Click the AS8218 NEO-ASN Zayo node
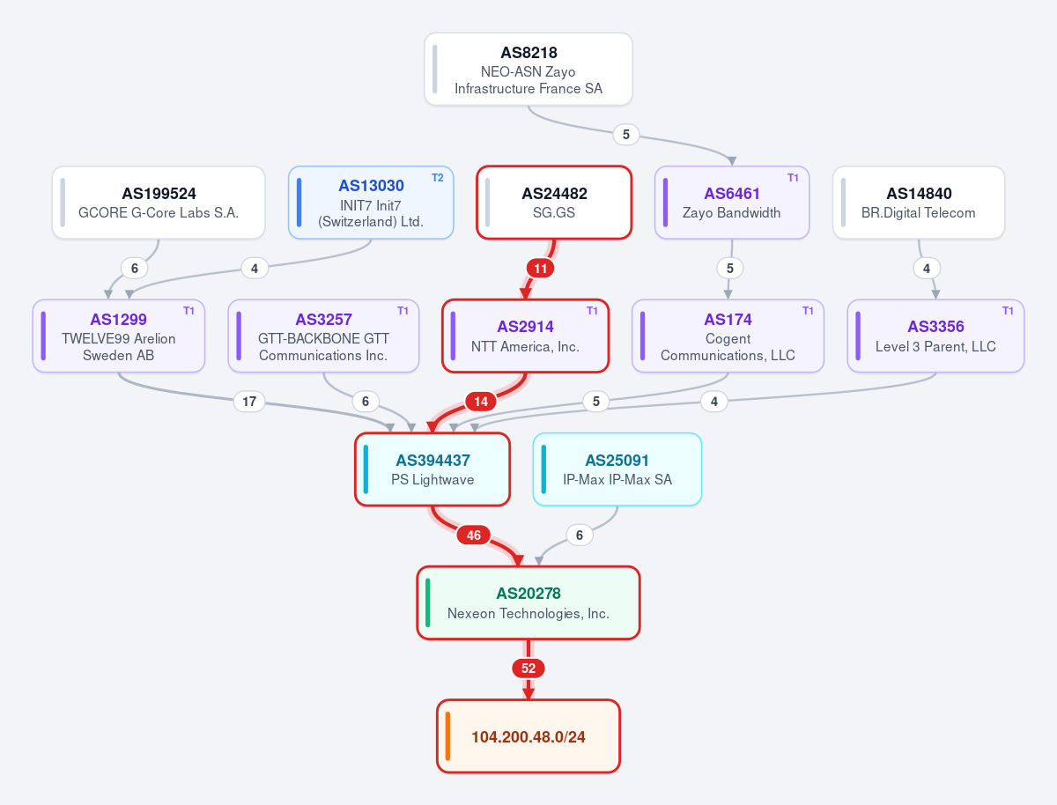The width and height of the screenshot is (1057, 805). point(528,69)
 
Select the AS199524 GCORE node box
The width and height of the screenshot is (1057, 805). point(159,203)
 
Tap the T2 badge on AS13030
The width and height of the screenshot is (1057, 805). point(437,178)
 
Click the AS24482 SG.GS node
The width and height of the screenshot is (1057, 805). point(554,203)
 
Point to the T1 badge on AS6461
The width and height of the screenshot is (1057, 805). point(793,178)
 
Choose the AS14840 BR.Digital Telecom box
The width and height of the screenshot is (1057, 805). point(919,203)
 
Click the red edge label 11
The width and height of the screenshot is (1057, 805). point(540,268)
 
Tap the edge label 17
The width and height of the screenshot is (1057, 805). point(249,401)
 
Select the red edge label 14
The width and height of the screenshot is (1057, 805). point(481,401)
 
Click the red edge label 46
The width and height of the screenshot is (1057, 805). point(473,535)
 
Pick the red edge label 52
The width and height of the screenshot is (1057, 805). point(528,668)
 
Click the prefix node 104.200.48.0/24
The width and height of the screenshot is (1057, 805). point(528,736)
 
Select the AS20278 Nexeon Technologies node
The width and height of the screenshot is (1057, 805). point(528,602)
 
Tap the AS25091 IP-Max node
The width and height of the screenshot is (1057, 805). point(617,469)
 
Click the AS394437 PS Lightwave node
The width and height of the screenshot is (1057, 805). point(432,469)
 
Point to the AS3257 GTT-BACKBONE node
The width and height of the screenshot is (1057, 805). point(323,336)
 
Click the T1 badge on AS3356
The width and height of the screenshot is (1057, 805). point(1008,311)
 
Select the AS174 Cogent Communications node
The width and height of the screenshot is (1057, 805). point(728,336)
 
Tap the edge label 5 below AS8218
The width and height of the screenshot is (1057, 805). point(625,135)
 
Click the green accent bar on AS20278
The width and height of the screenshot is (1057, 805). point(427,602)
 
